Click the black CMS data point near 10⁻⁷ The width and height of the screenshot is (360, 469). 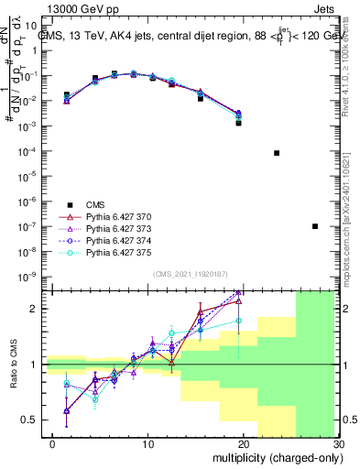point(315,226)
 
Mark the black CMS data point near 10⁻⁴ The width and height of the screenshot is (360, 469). point(277,153)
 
